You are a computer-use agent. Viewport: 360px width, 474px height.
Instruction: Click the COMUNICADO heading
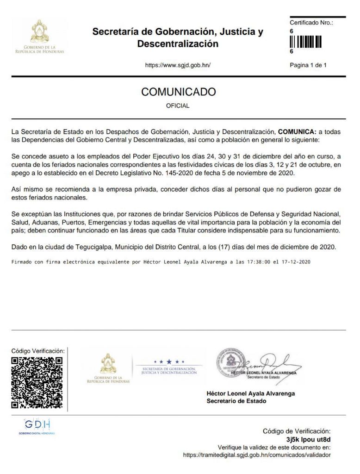pos(178,92)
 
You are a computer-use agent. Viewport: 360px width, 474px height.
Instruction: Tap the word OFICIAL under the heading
pos(178,106)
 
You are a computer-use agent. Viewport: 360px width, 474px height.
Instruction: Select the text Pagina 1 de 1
pos(308,65)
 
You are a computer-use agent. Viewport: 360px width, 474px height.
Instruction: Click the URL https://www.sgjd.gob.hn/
pos(178,65)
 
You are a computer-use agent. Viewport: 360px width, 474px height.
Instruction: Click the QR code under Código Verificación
pos(37,382)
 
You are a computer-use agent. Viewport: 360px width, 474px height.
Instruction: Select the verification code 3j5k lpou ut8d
pos(309,439)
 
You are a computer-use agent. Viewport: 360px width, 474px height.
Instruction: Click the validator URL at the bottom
pos(257,455)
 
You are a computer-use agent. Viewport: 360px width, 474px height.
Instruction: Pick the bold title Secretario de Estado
pos(236,401)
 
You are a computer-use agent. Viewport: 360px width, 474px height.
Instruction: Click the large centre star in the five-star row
pos(169,362)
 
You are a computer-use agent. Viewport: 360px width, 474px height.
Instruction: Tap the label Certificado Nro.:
pos(311,22)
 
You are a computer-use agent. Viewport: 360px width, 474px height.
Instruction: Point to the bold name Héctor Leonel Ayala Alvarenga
pos(250,393)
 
